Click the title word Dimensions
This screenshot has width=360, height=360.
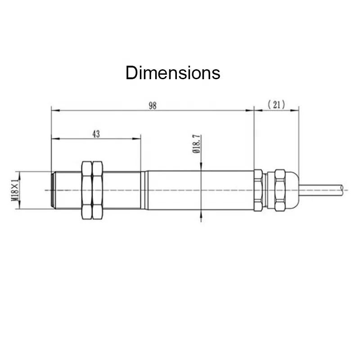tap(173, 73)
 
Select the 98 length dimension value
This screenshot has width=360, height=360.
tap(153, 106)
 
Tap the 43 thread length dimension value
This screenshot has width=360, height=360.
tap(96, 134)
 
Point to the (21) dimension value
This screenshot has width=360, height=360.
tap(276, 105)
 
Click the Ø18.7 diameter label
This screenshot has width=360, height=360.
tap(197, 144)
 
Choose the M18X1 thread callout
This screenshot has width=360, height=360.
tap(15, 189)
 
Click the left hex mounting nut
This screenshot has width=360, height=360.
tap(87, 190)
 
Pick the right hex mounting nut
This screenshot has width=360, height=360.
tap(97, 190)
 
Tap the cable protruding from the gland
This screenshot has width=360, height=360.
tap(321, 189)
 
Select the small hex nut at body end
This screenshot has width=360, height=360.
tap(258, 190)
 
